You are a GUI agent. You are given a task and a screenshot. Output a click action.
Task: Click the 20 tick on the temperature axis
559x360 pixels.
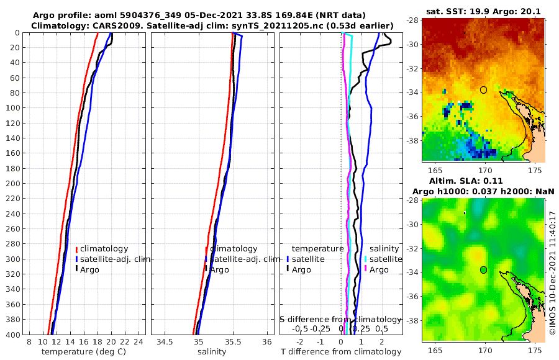coord(111,343)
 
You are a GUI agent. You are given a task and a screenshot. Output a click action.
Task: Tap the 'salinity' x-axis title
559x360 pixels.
coord(211,352)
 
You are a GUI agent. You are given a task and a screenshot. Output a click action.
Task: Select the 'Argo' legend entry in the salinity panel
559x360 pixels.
coord(219,269)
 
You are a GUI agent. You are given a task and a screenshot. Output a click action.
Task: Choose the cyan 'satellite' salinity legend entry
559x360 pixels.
coord(386,259)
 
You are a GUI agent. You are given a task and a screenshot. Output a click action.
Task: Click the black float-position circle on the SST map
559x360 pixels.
coord(484,90)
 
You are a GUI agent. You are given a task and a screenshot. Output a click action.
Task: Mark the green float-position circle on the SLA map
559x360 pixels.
coord(484,270)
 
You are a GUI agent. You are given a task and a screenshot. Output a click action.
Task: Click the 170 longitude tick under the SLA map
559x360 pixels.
coord(484,351)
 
